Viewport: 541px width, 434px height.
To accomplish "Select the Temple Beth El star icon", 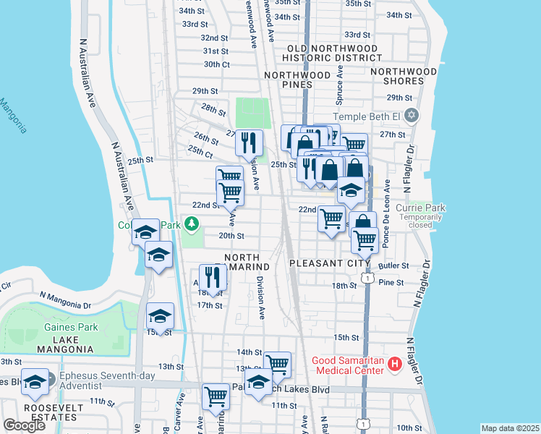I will tap(412, 116).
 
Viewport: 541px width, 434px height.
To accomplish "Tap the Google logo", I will tap(24, 425).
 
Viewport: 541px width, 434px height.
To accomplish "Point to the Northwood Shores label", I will tap(404, 76).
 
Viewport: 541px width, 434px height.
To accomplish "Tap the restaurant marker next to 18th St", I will tap(212, 276).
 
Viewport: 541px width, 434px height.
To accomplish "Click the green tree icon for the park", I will tap(192, 225).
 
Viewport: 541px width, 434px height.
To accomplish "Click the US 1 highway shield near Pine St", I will tap(368, 278).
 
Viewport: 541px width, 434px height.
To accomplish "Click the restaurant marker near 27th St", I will tap(250, 142).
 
